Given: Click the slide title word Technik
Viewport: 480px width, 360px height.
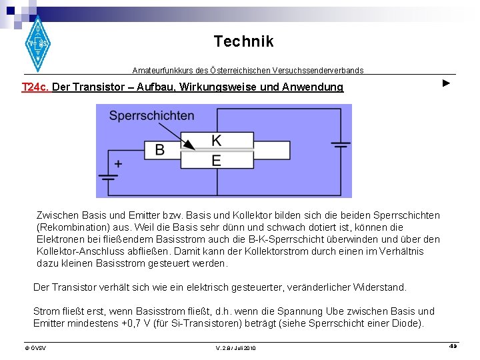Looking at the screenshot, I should (243, 41).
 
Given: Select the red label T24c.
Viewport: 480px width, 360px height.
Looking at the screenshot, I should (35, 87).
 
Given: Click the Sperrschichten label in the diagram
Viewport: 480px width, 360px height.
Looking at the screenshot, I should (151, 115).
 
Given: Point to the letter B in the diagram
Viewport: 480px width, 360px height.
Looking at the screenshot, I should (160, 149).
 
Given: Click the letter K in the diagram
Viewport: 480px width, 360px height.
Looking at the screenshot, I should (217, 141).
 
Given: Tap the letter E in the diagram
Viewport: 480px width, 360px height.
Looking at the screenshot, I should (217, 160).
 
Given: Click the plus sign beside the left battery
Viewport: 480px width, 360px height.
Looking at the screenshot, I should (118, 163).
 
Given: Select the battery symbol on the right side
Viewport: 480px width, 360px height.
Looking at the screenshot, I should (341, 144).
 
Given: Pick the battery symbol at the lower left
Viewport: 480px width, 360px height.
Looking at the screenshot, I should (108, 177).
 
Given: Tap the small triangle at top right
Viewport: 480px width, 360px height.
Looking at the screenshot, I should (447, 83).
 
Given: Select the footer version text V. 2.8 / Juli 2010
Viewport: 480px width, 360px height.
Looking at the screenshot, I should (235, 348).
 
